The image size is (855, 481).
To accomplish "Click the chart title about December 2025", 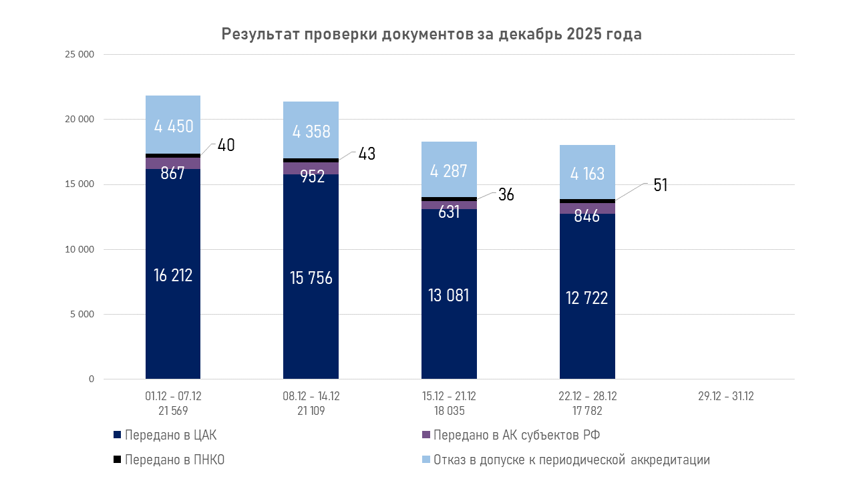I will [x=432, y=35].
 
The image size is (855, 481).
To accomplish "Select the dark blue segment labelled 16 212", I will [x=173, y=274].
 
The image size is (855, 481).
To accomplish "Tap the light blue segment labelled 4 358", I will [x=311, y=130].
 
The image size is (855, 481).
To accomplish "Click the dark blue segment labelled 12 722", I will [x=587, y=297].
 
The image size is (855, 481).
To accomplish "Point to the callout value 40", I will [x=226, y=145].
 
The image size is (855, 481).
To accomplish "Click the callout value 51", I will [x=660, y=185].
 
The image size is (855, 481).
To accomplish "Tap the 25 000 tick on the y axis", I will [x=79, y=55].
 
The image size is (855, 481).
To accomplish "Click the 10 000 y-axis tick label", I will [x=79, y=249].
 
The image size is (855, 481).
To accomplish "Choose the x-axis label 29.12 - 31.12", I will [x=725, y=396].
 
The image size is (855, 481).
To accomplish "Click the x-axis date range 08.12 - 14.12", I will [x=311, y=396].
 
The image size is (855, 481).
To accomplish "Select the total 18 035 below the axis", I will [x=449, y=411].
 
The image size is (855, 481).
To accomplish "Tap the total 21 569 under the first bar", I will [x=173, y=411].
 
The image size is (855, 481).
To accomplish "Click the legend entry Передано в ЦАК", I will [x=170, y=436].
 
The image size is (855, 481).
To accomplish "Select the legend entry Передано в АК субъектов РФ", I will [x=516, y=436].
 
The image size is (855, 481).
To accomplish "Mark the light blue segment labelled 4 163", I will [x=587, y=173].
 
